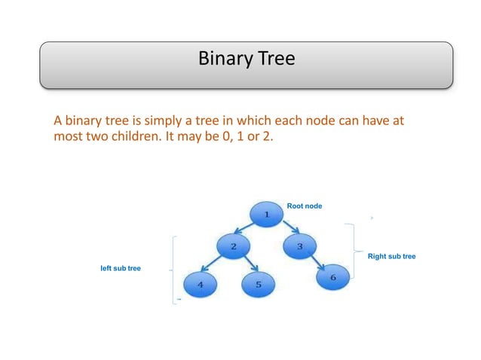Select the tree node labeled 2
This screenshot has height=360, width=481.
coord(234,246)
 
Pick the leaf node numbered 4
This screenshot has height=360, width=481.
coord(201,285)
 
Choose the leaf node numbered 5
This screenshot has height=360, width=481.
coord(258,285)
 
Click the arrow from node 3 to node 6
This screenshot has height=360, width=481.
coord(317,263)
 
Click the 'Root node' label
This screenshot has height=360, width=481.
coord(304,205)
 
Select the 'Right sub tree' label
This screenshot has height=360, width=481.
coord(391,257)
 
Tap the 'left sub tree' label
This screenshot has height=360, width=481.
coord(121,268)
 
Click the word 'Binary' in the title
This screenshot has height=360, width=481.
coord(222,58)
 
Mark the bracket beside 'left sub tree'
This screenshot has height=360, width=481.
coord(174,269)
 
